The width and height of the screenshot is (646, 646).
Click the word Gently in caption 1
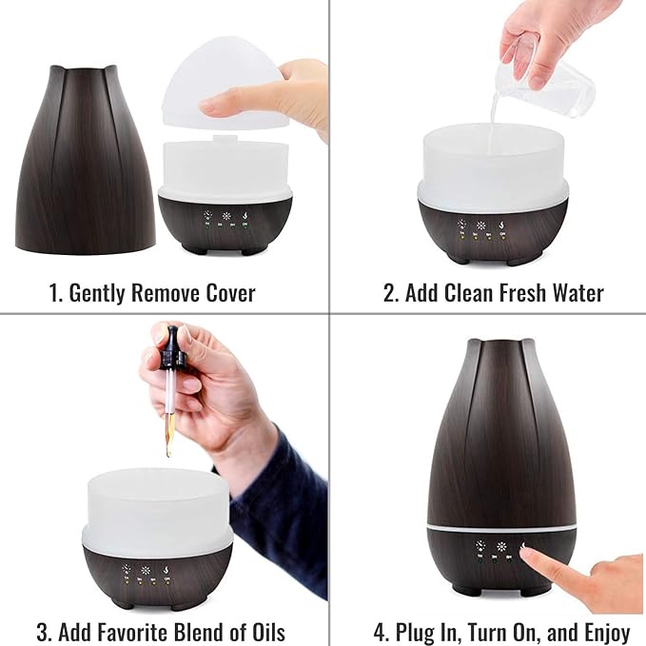coord(100,293)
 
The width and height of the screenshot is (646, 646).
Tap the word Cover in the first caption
coord(226,293)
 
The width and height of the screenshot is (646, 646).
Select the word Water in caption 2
coord(577,293)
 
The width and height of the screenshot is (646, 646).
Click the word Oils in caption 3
coord(264,632)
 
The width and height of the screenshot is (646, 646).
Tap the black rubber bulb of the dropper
coord(172,344)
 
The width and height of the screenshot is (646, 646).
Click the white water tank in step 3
coord(156,514)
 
